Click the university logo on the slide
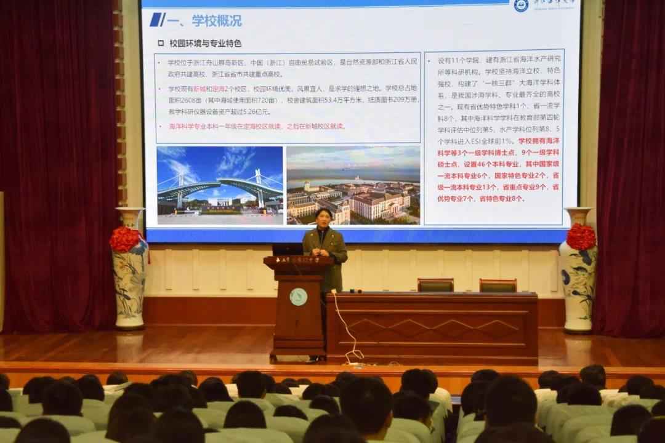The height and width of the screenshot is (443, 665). coord(521,6)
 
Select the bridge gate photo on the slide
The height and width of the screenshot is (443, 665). coord(220,185)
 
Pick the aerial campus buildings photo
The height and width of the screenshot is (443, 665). coord(353,185)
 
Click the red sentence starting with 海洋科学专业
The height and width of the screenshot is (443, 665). coord(257,126)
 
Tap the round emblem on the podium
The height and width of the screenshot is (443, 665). coord(298,297)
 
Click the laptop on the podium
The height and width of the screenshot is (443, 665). coord(287,249)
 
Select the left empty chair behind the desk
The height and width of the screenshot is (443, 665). coord(435,285)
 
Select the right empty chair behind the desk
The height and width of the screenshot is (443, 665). coord(498,285)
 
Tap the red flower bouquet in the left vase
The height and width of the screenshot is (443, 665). coord(125,239)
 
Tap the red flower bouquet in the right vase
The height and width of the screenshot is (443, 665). coord(581,237)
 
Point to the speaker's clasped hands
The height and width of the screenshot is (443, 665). coord(322,252)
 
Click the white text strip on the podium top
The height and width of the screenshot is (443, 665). coord(299,261)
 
